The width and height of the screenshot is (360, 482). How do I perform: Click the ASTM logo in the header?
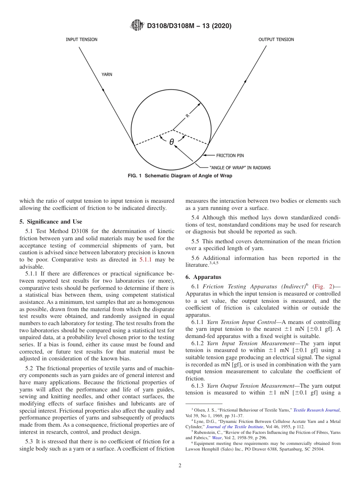[137, 26]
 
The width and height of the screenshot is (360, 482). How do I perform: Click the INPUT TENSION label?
[81, 39]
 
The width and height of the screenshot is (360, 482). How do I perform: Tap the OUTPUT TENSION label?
[276, 39]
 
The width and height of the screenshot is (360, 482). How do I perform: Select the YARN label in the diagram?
[107, 75]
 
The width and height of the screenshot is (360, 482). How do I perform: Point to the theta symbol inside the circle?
[172, 142]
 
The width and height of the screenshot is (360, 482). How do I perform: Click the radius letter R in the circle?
[187, 116]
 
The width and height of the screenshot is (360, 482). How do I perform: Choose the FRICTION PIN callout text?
[230, 155]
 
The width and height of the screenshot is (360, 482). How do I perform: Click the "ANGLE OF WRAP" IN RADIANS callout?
[240, 167]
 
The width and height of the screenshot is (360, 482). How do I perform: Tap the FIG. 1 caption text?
[180, 176]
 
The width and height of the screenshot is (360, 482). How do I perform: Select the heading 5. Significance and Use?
[51, 222]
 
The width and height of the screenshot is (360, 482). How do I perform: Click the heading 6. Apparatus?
[203, 277]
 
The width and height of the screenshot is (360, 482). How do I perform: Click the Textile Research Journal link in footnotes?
[316, 410]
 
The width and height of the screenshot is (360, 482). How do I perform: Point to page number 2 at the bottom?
[180, 466]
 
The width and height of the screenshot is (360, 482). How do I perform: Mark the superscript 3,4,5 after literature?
[214, 263]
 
